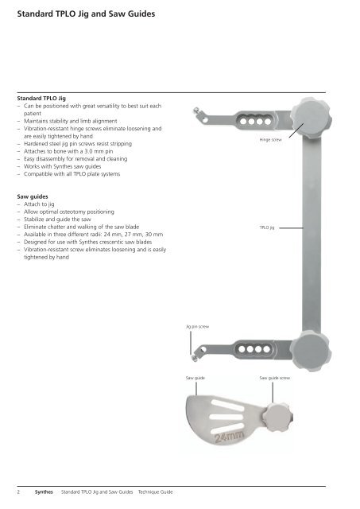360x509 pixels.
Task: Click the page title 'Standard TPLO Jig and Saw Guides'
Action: pos(86,14)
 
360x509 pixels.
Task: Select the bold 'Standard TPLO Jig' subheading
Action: pos(41,98)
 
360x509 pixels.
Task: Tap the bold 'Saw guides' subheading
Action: pos(33,196)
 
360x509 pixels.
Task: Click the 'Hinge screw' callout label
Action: pos(270,140)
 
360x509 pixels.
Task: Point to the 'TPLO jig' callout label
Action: pos(267,227)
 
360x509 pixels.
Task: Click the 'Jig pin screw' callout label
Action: pos(197,327)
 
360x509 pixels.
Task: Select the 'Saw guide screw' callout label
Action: pos(274,378)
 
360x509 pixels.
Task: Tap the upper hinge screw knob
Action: pos(311,118)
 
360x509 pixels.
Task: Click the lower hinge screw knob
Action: pos(311,351)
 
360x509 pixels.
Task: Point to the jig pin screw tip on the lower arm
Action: pos(194,358)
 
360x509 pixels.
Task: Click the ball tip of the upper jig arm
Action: pos(195,111)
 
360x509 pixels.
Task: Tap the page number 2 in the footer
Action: pos(18,492)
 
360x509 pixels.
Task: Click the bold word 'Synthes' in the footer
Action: pos(44,492)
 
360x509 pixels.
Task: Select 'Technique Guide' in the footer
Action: pos(155,492)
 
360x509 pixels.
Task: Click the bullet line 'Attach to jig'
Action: pos(39,204)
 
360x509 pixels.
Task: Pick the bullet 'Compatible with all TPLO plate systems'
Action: pos(72,174)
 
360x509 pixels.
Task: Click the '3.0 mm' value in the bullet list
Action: pos(94,151)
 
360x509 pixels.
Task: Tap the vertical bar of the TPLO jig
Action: pos(312,234)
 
